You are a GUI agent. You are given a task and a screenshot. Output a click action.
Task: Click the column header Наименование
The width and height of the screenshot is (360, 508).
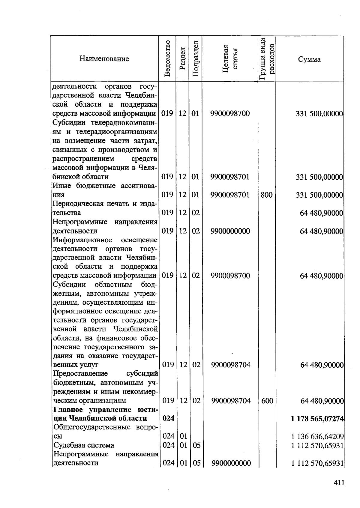(104, 59)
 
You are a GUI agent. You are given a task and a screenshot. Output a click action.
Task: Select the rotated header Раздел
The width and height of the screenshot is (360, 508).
(182, 59)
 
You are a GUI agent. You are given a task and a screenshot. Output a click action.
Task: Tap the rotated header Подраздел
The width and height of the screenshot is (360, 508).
(195, 59)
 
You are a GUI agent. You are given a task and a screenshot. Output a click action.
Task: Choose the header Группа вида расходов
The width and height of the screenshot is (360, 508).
(266, 59)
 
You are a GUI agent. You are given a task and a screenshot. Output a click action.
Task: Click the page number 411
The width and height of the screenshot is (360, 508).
(338, 483)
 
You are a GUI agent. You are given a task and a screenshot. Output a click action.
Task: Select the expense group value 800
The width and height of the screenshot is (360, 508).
(266, 195)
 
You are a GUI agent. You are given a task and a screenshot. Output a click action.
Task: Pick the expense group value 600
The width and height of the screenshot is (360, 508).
(267, 401)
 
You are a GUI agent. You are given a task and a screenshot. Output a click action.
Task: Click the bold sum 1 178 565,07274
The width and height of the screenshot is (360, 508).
(317, 419)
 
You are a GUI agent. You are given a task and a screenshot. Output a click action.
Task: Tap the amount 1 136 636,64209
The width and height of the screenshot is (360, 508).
(317, 436)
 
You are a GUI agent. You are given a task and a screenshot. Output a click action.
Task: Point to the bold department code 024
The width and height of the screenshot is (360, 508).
(168, 418)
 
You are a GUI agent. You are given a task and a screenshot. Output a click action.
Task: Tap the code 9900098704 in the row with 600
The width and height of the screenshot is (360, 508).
(231, 401)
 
